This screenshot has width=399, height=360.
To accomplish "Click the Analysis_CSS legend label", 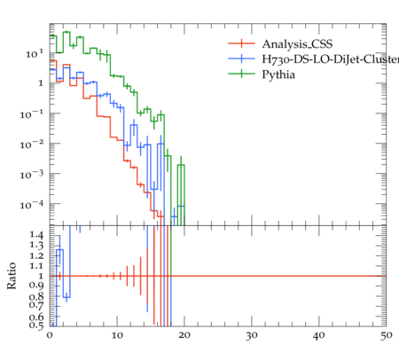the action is click(297, 44).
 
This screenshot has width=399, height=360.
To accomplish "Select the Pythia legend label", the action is click(278, 74).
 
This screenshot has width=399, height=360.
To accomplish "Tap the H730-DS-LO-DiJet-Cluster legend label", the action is click(331, 59).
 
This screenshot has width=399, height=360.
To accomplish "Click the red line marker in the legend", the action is click(241, 43).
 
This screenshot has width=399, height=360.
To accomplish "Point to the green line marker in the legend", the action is click(241, 74).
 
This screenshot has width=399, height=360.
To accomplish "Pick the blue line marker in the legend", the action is click(241, 59).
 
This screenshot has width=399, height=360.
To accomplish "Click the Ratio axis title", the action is click(12, 276).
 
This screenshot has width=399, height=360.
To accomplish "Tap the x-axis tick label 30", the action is click(252, 335).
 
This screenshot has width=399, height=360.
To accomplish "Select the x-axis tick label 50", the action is click(387, 335).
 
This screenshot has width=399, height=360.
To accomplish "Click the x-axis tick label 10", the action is click(117, 335).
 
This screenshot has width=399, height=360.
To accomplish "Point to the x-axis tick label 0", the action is click(50, 335).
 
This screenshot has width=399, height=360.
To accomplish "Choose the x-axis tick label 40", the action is click(319, 335).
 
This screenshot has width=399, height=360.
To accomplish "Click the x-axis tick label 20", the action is click(184, 335).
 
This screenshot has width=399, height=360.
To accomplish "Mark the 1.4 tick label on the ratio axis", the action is click(36, 235).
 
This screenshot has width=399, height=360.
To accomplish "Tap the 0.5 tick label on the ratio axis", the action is click(36, 325).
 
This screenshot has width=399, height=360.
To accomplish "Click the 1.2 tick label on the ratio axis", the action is click(36, 255).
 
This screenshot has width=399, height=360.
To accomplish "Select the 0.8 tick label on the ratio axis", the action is click(36, 296).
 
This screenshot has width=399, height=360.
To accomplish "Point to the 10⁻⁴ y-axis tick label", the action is click(32, 205).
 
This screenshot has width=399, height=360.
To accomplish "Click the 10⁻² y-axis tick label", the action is click(32, 145).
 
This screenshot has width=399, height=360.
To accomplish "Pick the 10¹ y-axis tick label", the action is click(35, 54).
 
